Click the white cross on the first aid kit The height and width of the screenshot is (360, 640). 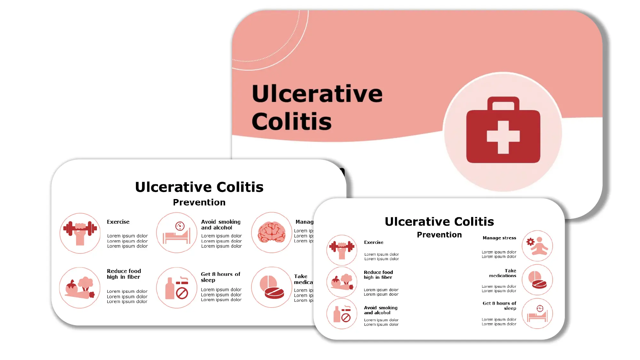point(503,137)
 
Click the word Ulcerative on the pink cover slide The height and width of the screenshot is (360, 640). point(317,94)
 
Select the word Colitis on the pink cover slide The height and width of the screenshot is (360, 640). point(291,122)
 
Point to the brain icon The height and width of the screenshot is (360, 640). point(272,232)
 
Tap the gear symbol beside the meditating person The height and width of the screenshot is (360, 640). point(530,242)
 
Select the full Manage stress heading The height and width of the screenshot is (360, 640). point(499,238)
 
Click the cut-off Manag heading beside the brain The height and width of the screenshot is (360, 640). point(304,222)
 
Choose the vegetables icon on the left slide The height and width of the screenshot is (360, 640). point(80,288)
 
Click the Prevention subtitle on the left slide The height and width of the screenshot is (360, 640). point(199,202)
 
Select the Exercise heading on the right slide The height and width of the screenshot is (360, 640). point(374,242)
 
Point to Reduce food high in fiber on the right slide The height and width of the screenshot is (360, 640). point(378,275)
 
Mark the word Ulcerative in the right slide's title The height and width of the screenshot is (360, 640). point(417,221)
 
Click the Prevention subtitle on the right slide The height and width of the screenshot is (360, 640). point(439,235)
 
